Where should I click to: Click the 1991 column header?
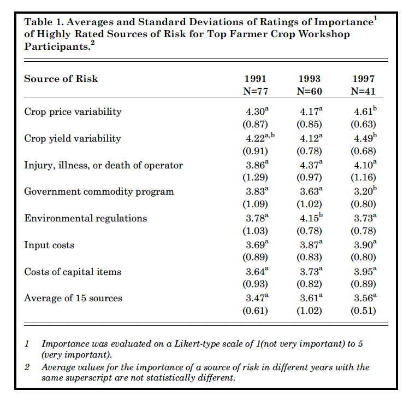click(255, 79)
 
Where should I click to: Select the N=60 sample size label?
click(309, 91)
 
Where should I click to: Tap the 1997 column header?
click(363, 79)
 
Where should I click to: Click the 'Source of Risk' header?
click(61, 79)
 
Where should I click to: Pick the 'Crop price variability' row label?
click(73, 112)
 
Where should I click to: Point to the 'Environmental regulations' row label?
click(85, 218)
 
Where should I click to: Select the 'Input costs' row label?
click(49, 245)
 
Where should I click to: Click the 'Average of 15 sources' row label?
click(73, 298)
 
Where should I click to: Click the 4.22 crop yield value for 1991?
click(253, 138)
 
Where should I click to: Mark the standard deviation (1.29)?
click(256, 177)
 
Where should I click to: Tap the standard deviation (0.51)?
click(363, 311)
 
